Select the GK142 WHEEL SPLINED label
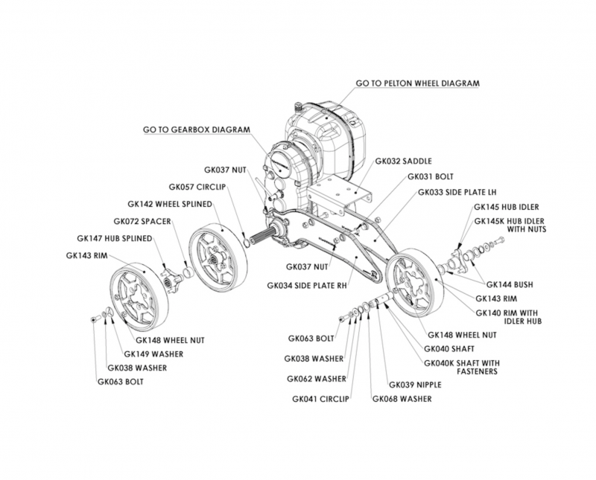[170, 203]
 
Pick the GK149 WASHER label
[153, 353]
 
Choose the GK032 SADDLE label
[404, 160]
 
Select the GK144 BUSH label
[510, 284]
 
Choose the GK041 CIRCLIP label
[321, 398]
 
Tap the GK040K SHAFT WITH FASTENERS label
[460, 367]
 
